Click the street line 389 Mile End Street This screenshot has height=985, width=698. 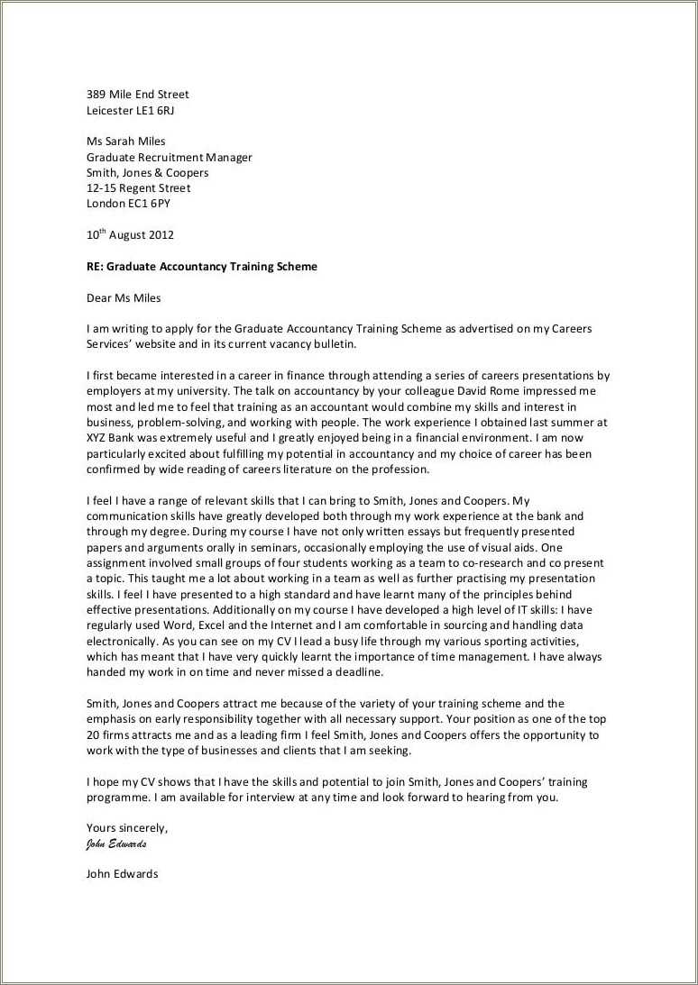click(x=137, y=95)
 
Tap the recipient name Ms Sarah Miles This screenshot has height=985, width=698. click(x=125, y=141)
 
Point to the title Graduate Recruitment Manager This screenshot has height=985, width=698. click(x=169, y=157)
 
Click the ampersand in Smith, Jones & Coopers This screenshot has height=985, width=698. click(x=158, y=173)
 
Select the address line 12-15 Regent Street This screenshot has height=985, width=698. click(x=138, y=188)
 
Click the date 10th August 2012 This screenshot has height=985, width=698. click(x=130, y=235)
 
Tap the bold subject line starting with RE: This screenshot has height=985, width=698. click(x=201, y=267)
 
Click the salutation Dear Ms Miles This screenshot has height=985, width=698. click(x=124, y=297)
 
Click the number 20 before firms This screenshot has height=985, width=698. click(x=94, y=735)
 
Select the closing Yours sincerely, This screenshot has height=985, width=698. click(x=126, y=828)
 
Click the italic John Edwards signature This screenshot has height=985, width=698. click(x=115, y=844)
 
